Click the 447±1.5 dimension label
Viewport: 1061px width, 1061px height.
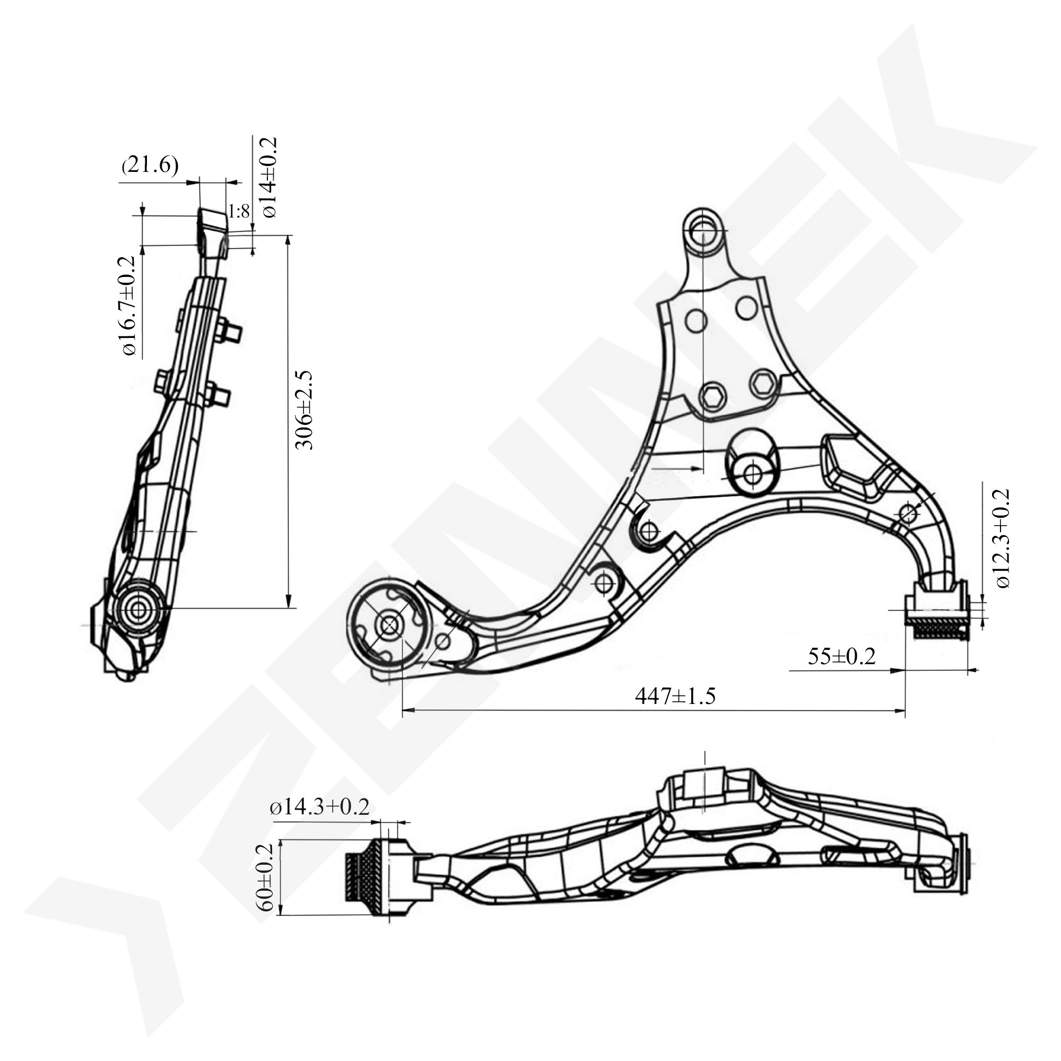(675, 697)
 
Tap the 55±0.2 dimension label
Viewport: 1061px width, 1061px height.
(841, 656)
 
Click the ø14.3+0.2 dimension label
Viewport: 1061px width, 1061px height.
(319, 807)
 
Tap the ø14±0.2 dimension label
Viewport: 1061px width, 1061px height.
(269, 177)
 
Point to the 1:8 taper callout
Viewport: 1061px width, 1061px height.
(239, 212)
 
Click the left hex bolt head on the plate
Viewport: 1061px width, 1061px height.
(714, 395)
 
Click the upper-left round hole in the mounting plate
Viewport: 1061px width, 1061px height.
(696, 321)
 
